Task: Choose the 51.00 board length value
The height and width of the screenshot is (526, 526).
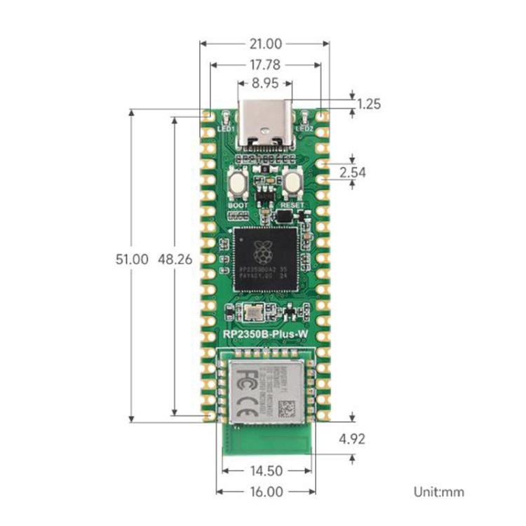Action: [x=132, y=259]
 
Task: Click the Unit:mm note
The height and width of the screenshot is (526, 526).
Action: [x=438, y=492]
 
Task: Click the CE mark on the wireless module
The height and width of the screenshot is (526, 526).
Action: [x=243, y=407]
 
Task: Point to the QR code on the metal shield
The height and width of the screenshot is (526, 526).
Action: [x=288, y=407]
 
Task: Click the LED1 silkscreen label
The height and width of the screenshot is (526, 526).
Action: [x=226, y=129]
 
